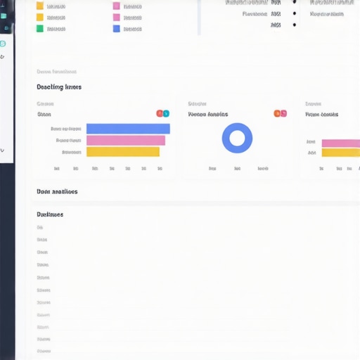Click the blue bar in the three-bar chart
(x=128, y=129)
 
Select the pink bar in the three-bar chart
(x=125, y=141)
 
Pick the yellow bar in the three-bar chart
(x=122, y=152)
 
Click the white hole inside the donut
(x=237, y=138)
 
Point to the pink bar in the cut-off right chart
(x=341, y=143)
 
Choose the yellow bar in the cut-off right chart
(x=341, y=153)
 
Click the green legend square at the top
(x=40, y=29)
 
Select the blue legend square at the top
(x=116, y=29)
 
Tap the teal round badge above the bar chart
(x=166, y=113)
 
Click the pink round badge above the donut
(x=283, y=113)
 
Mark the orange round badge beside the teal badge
(x=160, y=113)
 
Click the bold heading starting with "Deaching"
(x=59, y=87)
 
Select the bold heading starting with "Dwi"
(x=50, y=214)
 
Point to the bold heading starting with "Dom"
(x=57, y=191)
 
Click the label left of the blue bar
(x=66, y=129)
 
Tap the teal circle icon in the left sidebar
(x=3, y=44)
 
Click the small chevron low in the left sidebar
(x=3, y=150)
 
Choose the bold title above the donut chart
(x=208, y=114)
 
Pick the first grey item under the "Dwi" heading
(x=40, y=228)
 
